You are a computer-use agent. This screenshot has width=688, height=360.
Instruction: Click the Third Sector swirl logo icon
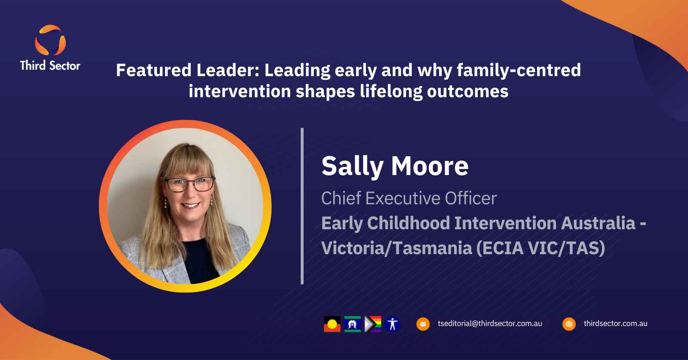(50, 40)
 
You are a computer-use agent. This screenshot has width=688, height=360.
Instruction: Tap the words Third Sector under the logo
(50, 65)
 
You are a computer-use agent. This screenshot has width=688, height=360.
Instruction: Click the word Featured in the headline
(154, 70)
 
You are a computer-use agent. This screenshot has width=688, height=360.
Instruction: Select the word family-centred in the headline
(519, 70)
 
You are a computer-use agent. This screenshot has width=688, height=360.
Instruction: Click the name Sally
(352, 166)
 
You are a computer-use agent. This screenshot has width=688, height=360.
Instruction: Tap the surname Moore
(430, 166)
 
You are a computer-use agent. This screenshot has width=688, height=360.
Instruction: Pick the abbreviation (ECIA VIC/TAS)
(541, 248)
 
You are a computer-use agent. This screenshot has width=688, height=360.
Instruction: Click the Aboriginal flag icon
(332, 324)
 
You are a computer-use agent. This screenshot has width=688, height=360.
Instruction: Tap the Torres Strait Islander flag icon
(352, 324)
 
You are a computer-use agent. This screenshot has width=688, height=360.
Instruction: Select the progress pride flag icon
(373, 324)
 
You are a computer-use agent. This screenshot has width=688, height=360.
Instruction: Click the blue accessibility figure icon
(393, 324)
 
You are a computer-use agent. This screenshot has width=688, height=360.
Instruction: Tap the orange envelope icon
(423, 324)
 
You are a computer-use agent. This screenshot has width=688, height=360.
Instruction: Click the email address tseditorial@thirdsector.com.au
(490, 323)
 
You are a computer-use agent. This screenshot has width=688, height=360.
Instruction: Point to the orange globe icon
(569, 324)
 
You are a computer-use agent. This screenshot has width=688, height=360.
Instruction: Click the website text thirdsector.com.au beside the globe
(615, 323)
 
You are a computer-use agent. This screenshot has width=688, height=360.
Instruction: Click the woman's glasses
(189, 184)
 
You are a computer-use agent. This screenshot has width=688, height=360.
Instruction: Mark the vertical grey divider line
(302, 206)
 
